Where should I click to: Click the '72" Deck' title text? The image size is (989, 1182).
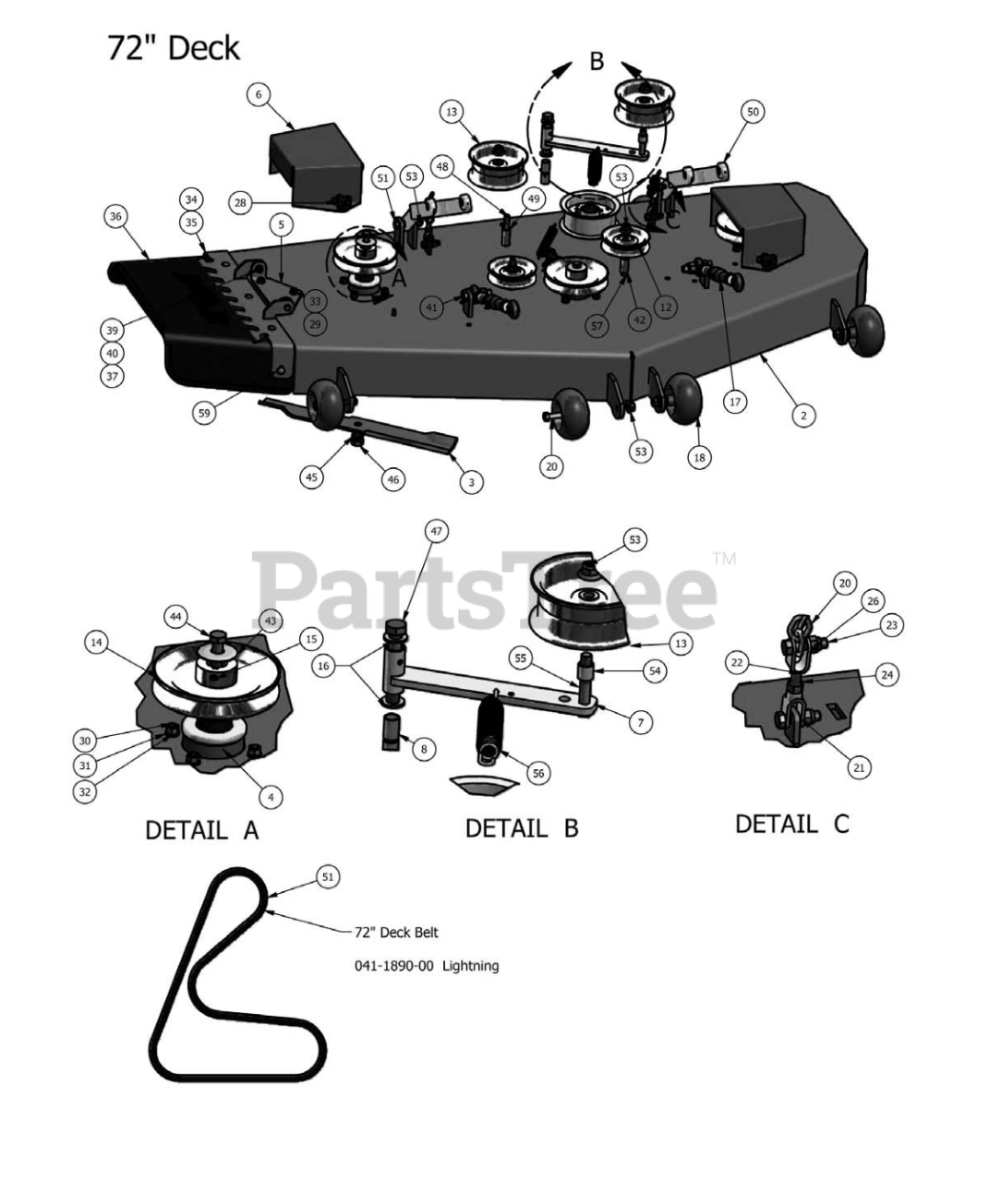pos(173,47)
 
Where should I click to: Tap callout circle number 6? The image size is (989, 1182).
pos(258,93)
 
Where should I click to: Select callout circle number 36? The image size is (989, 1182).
pos(115,217)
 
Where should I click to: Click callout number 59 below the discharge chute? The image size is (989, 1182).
pos(204,413)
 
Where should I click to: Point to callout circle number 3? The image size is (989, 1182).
pos(471,481)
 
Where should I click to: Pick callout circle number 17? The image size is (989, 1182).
pos(735,402)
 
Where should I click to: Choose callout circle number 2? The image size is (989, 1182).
pos(803,416)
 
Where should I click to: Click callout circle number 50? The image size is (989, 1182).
pos(753,112)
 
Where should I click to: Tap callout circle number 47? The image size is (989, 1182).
pos(436,531)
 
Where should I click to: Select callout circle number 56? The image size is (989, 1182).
pos(538,774)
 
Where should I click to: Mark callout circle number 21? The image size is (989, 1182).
pos(859,766)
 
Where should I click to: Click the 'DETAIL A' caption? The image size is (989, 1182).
pos(201,830)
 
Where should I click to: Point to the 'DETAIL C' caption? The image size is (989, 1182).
pos(791,823)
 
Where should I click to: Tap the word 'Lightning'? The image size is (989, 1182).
pos(470,965)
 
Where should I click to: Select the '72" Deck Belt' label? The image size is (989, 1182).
pos(396,932)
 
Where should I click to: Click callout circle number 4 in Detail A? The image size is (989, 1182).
pos(270,795)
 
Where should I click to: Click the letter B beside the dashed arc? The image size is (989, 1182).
pos(597,61)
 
